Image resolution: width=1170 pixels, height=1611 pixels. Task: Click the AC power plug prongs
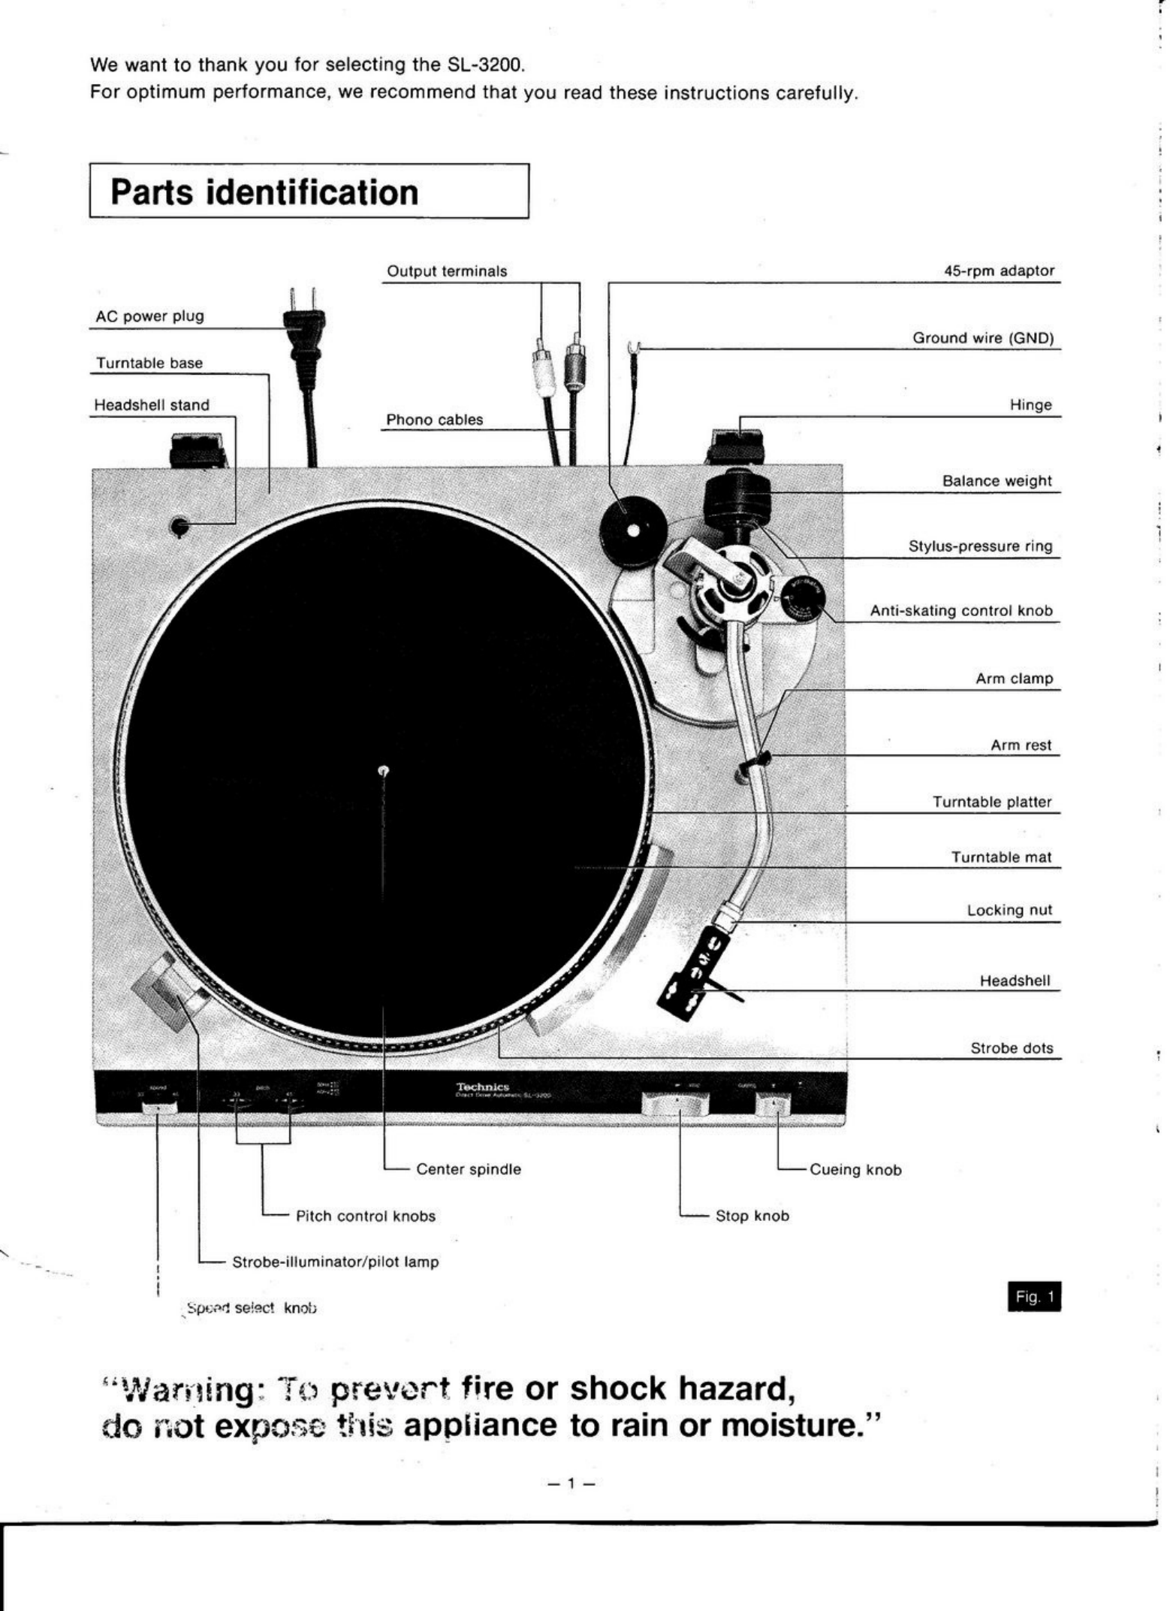(303, 300)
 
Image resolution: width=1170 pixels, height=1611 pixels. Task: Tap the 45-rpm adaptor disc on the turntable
(633, 531)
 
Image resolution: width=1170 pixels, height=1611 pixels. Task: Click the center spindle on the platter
(384, 770)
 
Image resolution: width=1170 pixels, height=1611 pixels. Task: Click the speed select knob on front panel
(159, 1108)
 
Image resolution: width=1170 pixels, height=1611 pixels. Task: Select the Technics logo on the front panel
(483, 1087)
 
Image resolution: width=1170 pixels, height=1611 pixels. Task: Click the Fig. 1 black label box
(1034, 1297)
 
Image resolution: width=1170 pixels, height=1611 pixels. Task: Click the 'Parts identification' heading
(264, 192)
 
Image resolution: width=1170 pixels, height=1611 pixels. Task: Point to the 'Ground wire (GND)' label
(983, 338)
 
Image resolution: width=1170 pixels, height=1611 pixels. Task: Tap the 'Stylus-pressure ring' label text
(980, 546)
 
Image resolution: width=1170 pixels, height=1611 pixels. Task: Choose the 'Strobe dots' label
(1012, 1048)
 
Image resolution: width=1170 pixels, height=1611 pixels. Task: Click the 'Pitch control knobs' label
(365, 1216)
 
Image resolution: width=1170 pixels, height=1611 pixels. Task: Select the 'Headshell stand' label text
(152, 405)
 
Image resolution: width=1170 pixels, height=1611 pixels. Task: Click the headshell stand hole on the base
(179, 527)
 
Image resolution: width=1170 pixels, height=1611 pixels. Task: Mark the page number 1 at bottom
(571, 1483)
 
